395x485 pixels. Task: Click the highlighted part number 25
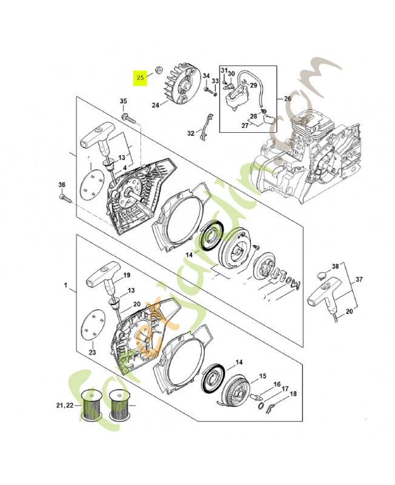pos(141,78)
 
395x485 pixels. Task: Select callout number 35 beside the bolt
pos(123,101)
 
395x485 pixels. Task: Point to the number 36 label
pos(61,185)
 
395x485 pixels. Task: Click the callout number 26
pos(287,99)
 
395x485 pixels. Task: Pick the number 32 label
pos(191,133)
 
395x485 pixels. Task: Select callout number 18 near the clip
pos(293,394)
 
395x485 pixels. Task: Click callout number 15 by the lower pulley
pos(262,376)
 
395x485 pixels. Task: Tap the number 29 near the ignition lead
pos(253,85)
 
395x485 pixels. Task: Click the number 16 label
pos(277,384)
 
